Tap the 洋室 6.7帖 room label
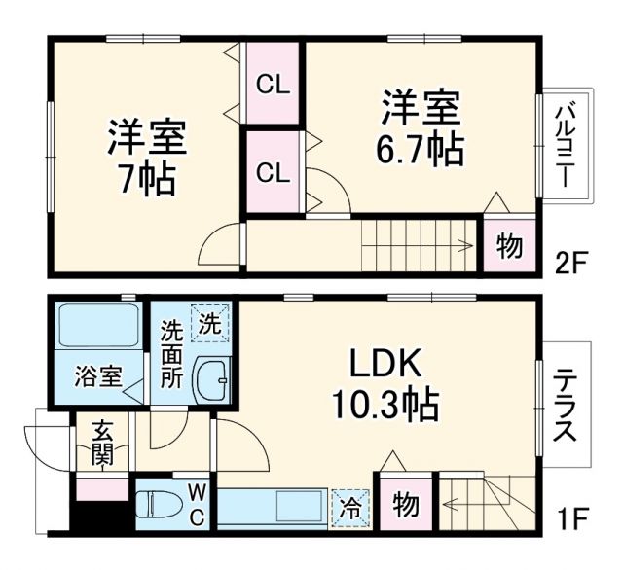[421, 126]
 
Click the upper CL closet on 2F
[273, 86]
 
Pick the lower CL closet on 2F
[273, 173]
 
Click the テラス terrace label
[566, 404]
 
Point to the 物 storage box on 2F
[507, 247]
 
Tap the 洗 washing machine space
[209, 322]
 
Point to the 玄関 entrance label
[101, 444]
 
